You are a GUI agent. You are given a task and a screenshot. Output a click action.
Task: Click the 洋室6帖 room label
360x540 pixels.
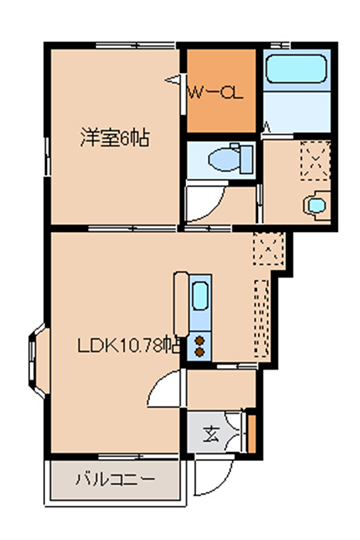pyautogui.click(x=115, y=138)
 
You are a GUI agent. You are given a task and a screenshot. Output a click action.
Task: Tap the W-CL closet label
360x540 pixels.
pyautogui.click(x=215, y=93)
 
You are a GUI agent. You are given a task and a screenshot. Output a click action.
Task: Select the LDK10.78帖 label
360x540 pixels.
pyautogui.click(x=128, y=345)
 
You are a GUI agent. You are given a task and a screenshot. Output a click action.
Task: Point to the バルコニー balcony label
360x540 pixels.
pyautogui.click(x=115, y=479)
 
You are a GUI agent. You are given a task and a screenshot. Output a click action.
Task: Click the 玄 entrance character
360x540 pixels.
pyautogui.click(x=211, y=434)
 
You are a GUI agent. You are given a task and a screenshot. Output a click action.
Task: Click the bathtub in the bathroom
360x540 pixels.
pyautogui.click(x=296, y=69)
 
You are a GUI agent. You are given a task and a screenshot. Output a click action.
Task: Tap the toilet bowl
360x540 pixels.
pyautogui.click(x=223, y=160)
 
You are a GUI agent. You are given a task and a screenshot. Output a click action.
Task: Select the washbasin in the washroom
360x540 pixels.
pyautogui.click(x=317, y=206)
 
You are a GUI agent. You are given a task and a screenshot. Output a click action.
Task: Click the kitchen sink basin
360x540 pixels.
pyautogui.click(x=200, y=296)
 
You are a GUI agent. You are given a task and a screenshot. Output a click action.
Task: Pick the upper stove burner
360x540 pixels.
pyautogui.click(x=199, y=341)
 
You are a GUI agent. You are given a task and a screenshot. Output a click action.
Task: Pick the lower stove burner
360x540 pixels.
pyautogui.click(x=199, y=352)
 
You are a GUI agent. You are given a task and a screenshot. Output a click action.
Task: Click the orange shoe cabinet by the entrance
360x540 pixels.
pyautogui.click(x=252, y=434)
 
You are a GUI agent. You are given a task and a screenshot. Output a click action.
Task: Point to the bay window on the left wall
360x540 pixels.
pyautogui.click(x=37, y=361)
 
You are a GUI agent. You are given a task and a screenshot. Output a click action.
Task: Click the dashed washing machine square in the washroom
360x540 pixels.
pyautogui.click(x=315, y=160)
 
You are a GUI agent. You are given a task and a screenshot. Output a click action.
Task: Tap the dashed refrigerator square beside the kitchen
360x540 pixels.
pyautogui.click(x=269, y=249)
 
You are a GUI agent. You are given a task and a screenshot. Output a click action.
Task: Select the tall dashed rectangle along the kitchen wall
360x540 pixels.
pyautogui.click(x=262, y=318)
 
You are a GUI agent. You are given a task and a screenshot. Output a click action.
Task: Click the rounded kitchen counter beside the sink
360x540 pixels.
pyautogui.click(x=181, y=304)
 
